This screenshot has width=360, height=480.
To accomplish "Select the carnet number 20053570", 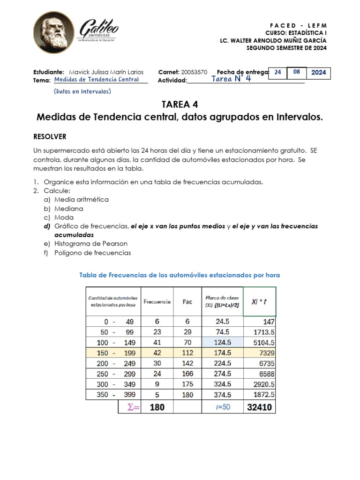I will [194, 72].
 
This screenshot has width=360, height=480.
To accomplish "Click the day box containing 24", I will [278, 73].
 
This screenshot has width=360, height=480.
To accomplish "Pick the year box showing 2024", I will [318, 73].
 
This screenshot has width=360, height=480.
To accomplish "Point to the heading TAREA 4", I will [180, 104].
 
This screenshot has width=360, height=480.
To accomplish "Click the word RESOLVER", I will [50, 136].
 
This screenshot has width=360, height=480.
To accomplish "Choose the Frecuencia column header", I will [157, 302].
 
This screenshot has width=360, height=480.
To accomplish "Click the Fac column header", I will [187, 302].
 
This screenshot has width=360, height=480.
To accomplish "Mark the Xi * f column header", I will [260, 302].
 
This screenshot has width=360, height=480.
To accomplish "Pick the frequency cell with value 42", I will [157, 353].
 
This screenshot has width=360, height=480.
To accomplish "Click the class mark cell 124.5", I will [222, 343].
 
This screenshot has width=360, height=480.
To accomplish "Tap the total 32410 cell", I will [260, 407].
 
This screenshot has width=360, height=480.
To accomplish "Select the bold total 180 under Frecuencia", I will [157, 407].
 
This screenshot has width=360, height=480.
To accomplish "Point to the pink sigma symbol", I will [134, 407].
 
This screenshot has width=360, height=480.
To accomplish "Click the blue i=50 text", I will [223, 407].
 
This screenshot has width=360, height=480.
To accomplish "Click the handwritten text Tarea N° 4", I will [231, 79].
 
